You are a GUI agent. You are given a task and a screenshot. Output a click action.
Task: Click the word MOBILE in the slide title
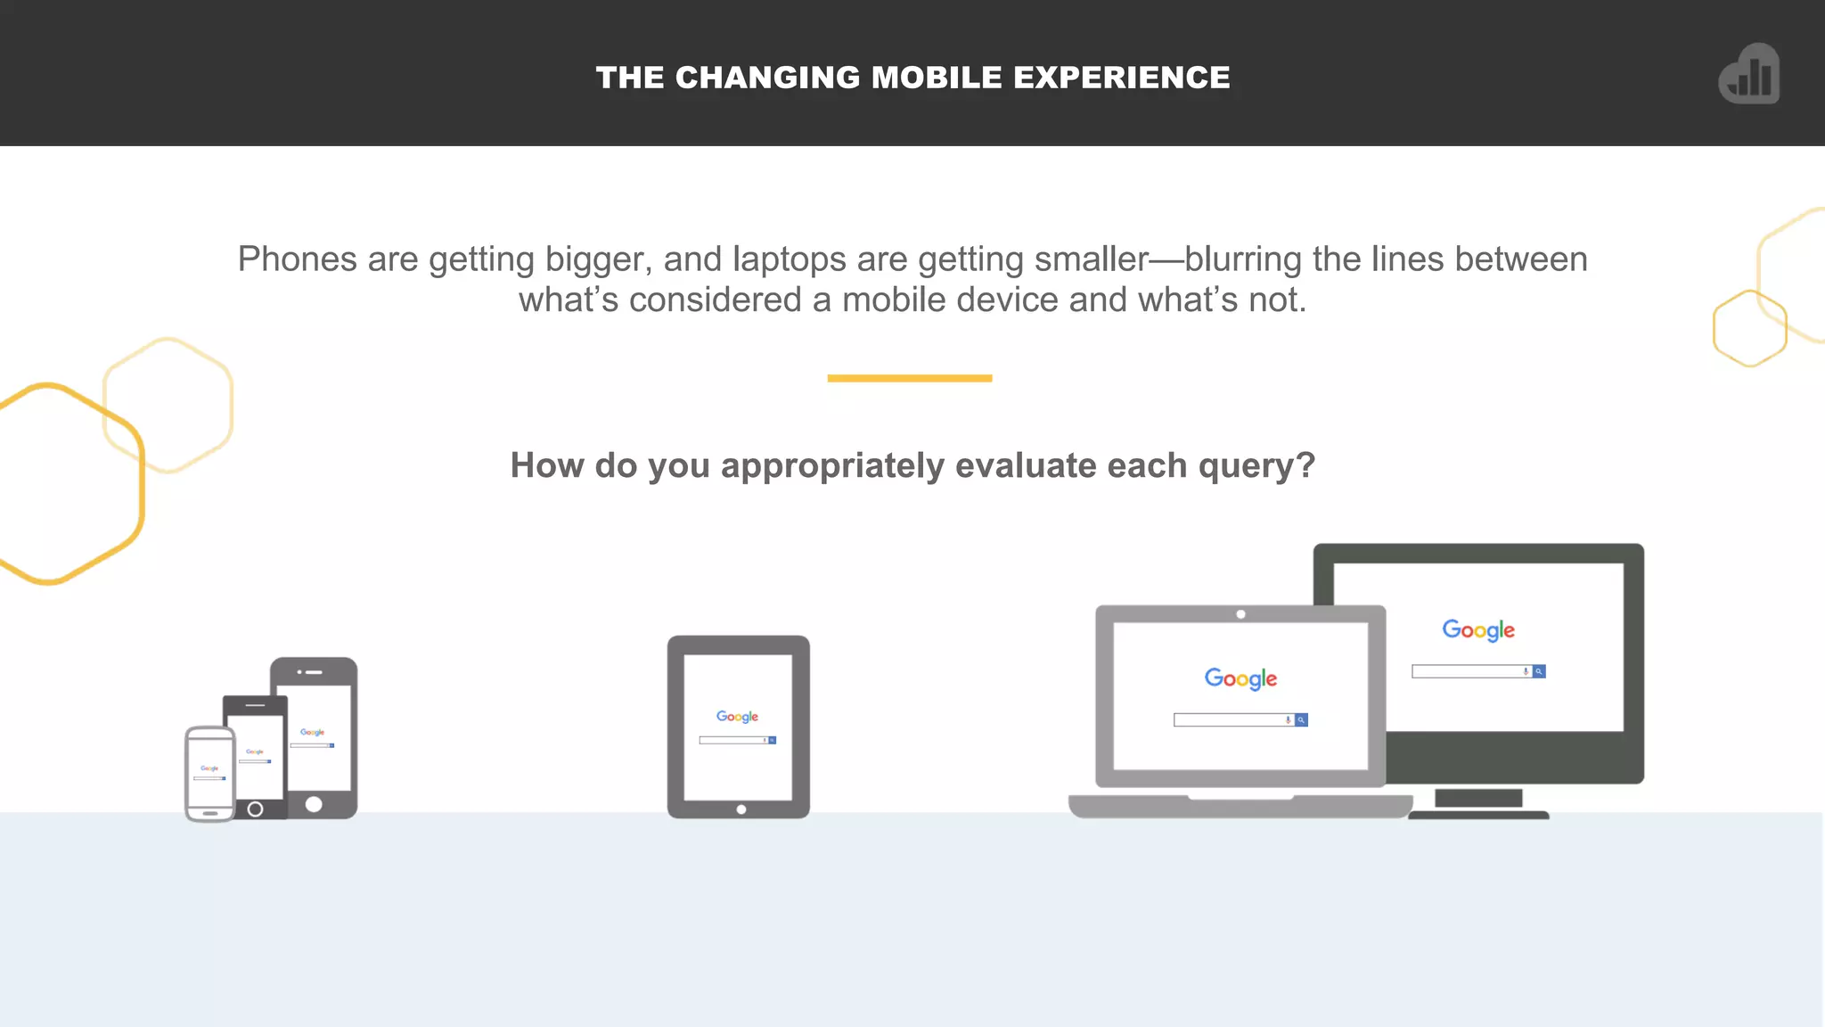click(x=937, y=78)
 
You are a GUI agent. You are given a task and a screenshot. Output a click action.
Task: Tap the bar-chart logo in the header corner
click(x=1749, y=74)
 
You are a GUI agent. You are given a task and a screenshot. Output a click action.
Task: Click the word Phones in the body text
click(x=297, y=259)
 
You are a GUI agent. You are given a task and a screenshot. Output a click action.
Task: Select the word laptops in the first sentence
click(x=789, y=259)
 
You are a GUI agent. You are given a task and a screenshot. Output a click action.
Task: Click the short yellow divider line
click(x=909, y=378)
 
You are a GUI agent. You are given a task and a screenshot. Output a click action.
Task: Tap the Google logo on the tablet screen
click(x=737, y=717)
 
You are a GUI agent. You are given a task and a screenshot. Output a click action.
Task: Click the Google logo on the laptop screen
click(x=1240, y=678)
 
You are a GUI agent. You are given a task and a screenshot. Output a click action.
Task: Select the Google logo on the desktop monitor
click(x=1478, y=630)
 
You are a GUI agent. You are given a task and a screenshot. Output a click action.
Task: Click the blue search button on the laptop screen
click(x=1301, y=720)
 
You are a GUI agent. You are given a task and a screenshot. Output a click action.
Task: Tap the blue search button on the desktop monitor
click(x=1539, y=671)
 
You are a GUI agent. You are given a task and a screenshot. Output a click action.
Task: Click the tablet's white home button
click(x=741, y=809)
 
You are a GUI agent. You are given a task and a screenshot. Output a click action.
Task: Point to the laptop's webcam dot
click(x=1240, y=614)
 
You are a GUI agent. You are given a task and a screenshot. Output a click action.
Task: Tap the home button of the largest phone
click(x=314, y=804)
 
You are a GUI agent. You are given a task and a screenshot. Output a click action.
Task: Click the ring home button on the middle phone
click(x=255, y=809)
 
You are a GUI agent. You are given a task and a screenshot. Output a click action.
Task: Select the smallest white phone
click(x=209, y=773)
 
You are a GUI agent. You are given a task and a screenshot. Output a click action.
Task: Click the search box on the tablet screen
click(x=732, y=740)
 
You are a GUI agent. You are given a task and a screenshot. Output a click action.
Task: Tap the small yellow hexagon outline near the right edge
click(x=1749, y=328)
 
